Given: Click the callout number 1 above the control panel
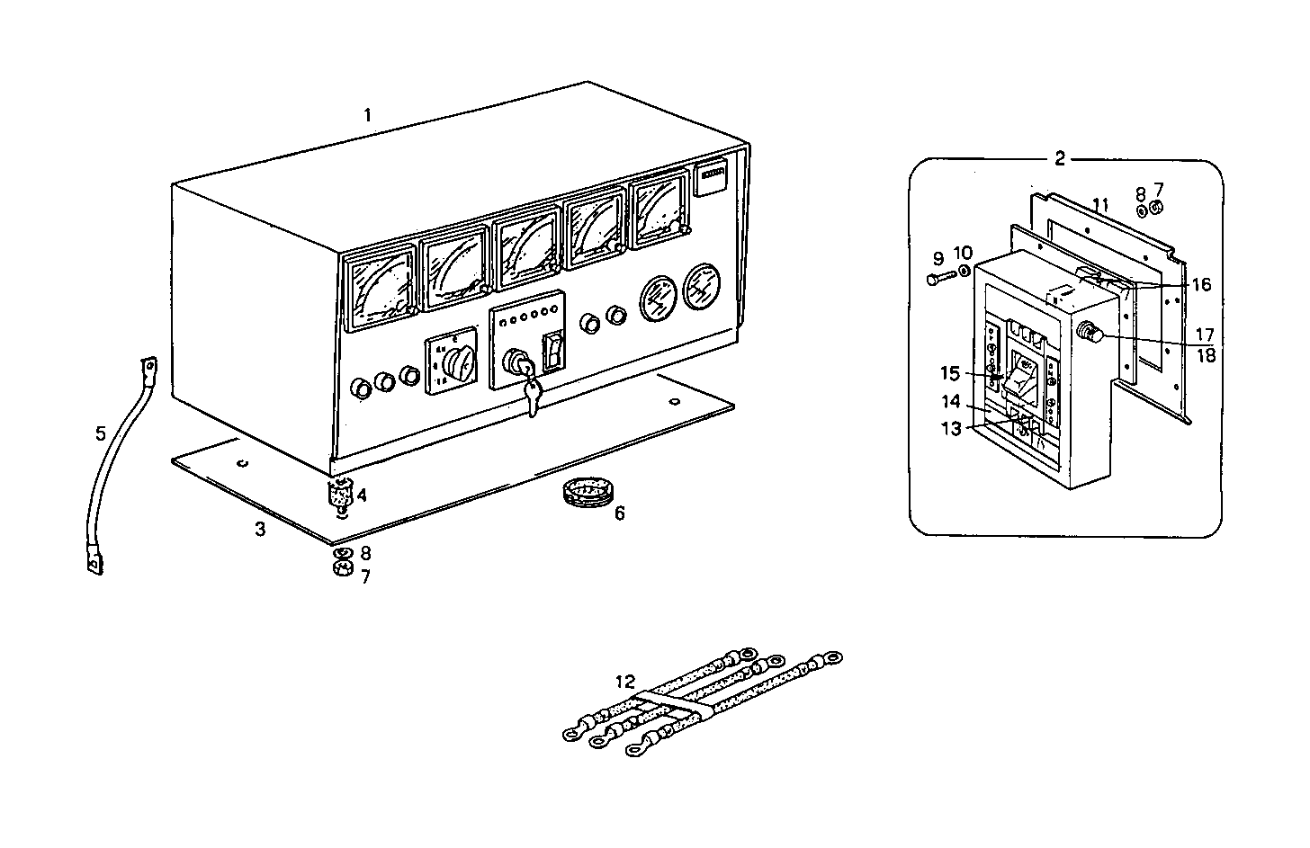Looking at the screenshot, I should [367, 115].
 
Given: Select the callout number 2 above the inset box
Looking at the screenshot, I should [1060, 159].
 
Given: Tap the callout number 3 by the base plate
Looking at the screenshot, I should [260, 530].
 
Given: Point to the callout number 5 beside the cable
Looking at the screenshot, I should [101, 433].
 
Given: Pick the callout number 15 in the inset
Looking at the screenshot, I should [951, 373].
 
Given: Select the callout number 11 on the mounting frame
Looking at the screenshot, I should [1099, 205].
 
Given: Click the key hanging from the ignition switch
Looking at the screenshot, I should [533, 396].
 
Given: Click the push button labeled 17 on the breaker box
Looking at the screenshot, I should [1090, 335].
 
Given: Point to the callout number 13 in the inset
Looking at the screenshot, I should [951, 429].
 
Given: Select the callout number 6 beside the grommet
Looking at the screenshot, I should [619, 513].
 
